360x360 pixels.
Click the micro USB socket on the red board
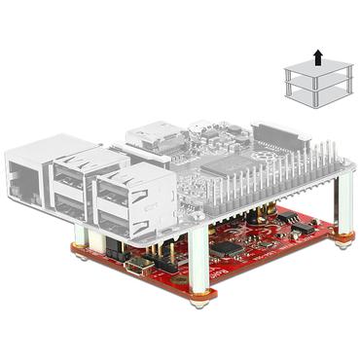pos(146,266)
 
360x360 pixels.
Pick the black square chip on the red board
pos(228,248)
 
